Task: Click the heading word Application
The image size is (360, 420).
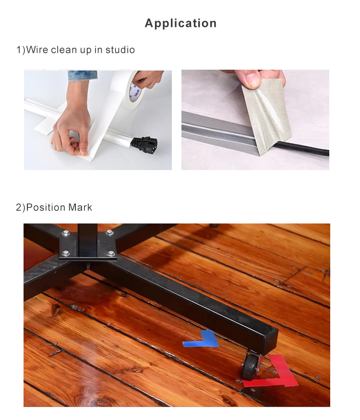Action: point(180,23)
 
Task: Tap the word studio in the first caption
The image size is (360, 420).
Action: point(120,49)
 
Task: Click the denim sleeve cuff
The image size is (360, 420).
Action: point(82,75)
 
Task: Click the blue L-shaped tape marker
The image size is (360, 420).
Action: point(202,339)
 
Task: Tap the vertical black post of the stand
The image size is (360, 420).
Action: point(87,238)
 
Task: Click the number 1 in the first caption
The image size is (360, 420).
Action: point(19,49)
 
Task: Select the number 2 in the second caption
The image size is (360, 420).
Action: point(19,208)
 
